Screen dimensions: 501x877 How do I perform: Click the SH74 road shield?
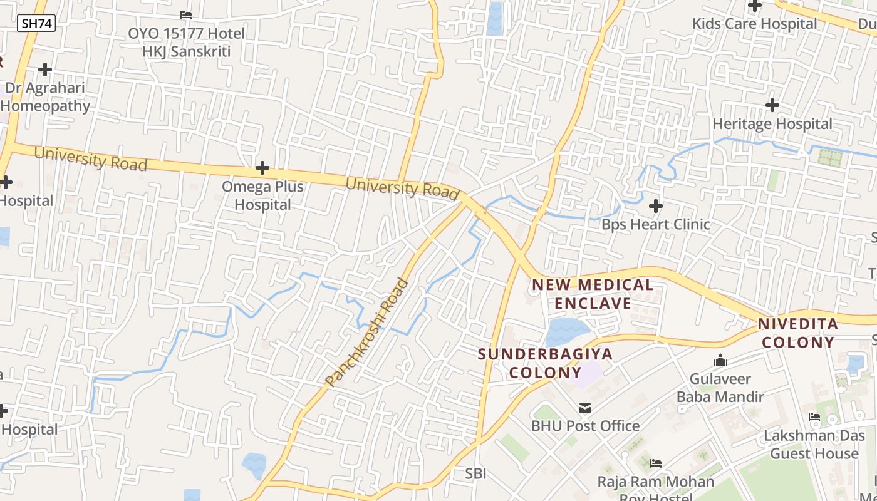tap(37, 24)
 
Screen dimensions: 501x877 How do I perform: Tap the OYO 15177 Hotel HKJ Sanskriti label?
tap(186, 42)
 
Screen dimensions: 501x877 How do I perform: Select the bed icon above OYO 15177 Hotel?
tap(186, 14)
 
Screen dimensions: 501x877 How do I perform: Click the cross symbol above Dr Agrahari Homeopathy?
tap(45, 69)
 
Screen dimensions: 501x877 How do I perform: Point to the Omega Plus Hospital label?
tap(263, 195)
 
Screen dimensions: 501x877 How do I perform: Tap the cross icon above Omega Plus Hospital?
tap(262, 168)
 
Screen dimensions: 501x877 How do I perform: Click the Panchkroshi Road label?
tap(367, 332)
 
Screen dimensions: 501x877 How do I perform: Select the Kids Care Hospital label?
tap(754, 24)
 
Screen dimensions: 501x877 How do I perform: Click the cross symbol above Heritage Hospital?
tap(772, 105)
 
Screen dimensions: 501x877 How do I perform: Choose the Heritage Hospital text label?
tap(772, 124)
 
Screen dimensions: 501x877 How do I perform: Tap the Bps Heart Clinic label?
tap(656, 224)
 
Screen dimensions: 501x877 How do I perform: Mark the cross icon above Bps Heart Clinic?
tap(656, 205)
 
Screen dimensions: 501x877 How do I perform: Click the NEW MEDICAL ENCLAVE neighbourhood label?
tap(593, 294)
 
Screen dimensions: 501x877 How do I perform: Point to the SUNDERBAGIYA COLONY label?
tap(545, 363)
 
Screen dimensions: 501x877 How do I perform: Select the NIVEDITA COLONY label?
tap(797, 333)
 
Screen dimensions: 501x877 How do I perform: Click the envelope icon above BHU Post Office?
tap(585, 408)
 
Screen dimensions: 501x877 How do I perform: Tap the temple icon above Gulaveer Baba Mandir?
tap(720, 361)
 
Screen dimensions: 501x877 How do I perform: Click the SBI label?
tap(476, 473)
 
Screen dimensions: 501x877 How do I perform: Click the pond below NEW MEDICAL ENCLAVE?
tap(566, 332)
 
